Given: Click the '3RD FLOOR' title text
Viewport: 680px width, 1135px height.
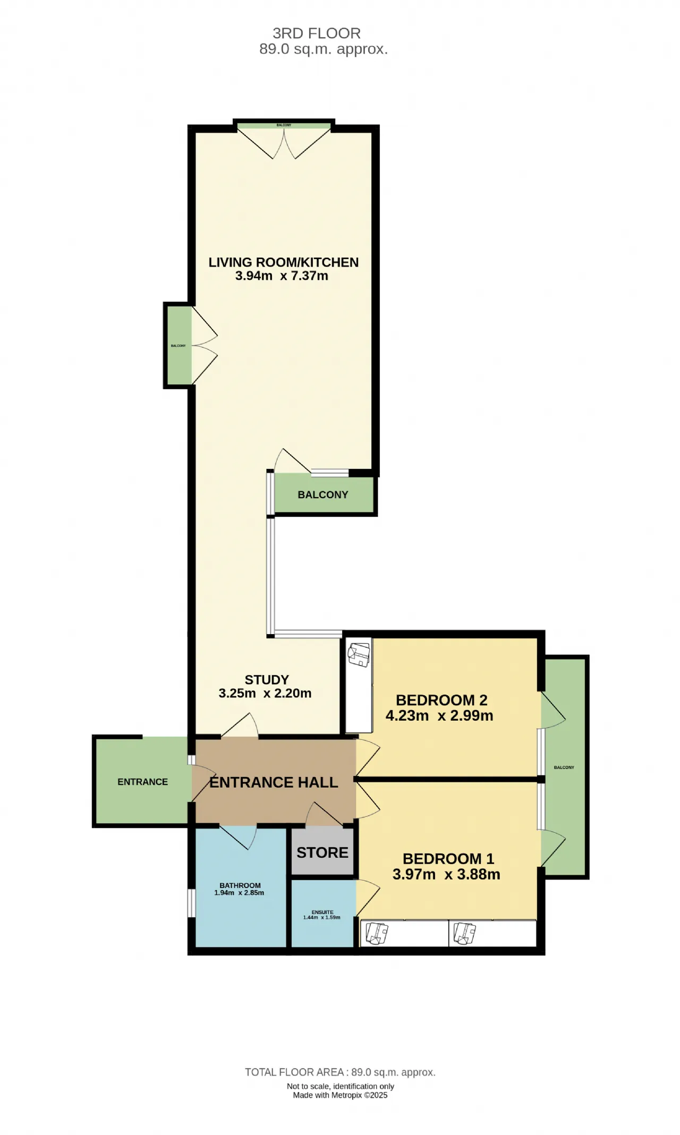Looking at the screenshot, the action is click(317, 33).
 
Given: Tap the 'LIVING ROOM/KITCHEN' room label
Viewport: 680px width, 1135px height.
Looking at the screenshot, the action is click(284, 262).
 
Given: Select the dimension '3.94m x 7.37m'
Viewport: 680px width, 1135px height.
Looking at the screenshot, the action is click(282, 276).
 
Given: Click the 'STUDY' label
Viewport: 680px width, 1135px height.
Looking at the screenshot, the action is click(267, 680).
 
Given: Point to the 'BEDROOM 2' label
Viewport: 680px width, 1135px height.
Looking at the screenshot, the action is click(441, 700).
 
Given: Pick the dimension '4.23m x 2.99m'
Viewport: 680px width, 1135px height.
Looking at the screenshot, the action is click(439, 715).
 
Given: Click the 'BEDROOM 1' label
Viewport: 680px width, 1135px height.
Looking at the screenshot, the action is click(448, 859).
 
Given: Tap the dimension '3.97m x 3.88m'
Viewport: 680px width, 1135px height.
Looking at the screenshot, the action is click(446, 874).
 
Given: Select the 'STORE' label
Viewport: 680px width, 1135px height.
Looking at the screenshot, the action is click(322, 852).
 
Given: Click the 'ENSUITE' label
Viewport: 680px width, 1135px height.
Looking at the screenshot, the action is click(322, 912).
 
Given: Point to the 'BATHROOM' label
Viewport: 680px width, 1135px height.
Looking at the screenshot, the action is click(240, 885).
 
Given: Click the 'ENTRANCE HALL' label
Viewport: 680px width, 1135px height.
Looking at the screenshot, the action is click(274, 782).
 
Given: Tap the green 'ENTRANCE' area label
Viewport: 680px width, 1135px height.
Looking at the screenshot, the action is click(142, 782).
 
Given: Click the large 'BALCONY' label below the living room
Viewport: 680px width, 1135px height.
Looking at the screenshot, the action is click(323, 494).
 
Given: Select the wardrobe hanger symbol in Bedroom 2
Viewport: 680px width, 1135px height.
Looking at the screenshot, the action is click(359, 654).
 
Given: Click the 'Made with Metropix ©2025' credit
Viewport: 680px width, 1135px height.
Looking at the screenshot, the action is click(341, 1095).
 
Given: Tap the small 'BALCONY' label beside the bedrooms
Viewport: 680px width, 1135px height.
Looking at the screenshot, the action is click(564, 767).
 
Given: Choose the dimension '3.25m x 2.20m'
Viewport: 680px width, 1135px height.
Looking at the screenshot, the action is click(265, 693).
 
